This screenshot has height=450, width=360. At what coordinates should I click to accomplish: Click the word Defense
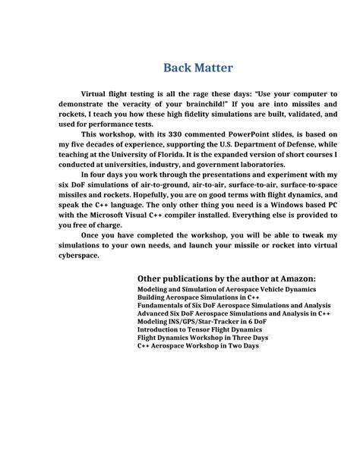[293, 144]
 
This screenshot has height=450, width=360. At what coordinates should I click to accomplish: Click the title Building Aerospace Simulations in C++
[198, 297]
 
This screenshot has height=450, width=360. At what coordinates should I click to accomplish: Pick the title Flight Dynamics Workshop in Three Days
[202, 337]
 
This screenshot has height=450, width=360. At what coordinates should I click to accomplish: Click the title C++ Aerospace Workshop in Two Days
[197, 345]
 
